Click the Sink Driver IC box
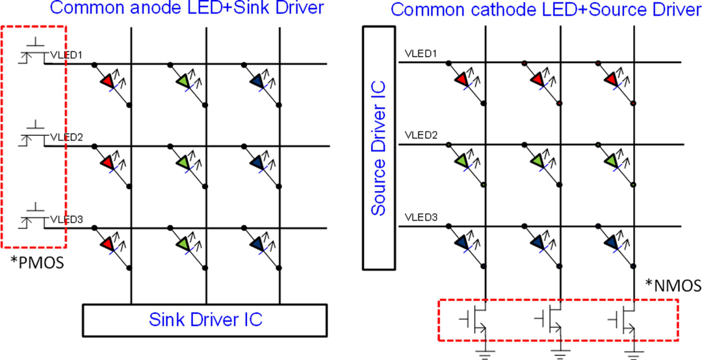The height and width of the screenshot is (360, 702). [205, 320]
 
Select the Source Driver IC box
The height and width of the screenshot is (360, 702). [379, 148]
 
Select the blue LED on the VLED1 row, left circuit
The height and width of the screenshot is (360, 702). [258, 81]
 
